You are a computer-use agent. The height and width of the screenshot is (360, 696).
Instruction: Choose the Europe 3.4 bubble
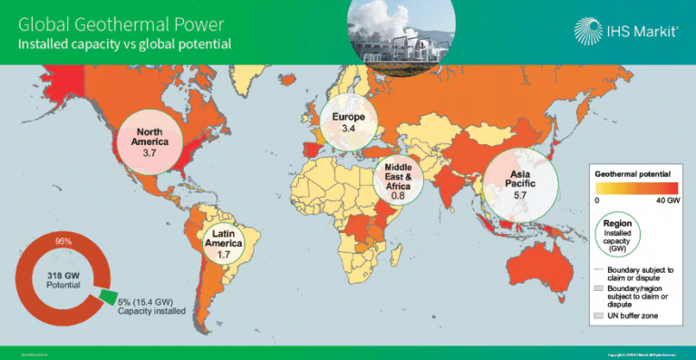[349, 123]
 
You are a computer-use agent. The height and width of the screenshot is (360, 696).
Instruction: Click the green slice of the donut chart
[107, 297]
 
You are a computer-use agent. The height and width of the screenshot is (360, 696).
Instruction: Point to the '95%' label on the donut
[63, 241]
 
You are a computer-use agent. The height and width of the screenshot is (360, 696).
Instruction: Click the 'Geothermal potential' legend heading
[632, 172]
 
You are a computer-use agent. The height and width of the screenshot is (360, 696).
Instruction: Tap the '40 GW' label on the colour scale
[668, 199]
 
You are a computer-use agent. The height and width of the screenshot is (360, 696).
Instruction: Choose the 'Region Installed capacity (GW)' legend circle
[621, 236]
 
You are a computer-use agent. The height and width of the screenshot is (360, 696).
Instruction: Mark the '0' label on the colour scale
[597, 199]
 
